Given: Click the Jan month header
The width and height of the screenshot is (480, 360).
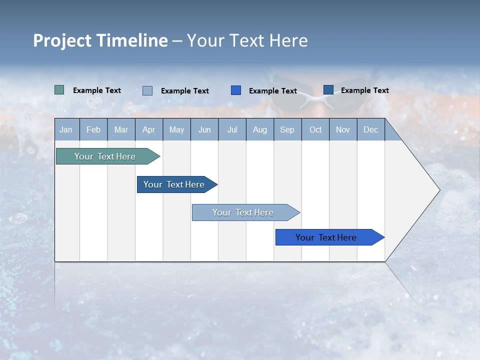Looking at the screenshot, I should [x=66, y=129].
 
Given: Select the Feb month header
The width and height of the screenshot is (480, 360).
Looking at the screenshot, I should [x=93, y=129].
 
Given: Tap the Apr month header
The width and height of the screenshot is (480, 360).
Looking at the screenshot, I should [x=149, y=129].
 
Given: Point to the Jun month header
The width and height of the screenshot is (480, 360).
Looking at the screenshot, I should [x=204, y=129].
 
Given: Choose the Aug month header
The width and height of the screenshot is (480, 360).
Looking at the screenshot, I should [x=260, y=129].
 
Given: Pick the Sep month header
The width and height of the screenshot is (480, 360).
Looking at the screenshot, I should [x=287, y=129].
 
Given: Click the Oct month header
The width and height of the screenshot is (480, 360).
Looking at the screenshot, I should [x=315, y=129].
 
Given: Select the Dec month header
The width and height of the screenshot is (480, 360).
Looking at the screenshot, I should [x=371, y=129].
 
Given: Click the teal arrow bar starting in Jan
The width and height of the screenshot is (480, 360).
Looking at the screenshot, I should [x=105, y=156].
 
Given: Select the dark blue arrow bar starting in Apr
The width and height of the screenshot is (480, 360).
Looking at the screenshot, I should [x=174, y=184].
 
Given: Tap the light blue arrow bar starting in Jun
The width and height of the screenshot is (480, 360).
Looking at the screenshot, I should [x=243, y=212].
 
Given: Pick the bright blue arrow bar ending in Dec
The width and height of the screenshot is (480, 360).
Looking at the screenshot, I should [x=326, y=237].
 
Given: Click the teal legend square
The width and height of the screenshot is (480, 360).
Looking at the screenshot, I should [x=59, y=90].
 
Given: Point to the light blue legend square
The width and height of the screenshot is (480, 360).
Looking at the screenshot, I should [x=147, y=90].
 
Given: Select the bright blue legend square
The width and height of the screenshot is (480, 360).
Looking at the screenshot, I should [x=236, y=90].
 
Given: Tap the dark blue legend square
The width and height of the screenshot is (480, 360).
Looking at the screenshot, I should [x=328, y=89].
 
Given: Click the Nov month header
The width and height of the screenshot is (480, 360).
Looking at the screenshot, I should [x=343, y=129].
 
